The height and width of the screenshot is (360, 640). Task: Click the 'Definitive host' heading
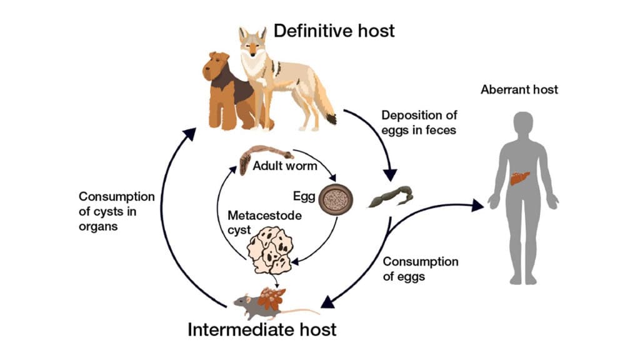pyautogui.click(x=334, y=30)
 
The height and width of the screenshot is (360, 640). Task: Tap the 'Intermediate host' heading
pyautogui.click(x=262, y=329)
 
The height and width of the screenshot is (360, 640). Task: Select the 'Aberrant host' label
pyautogui.click(x=519, y=89)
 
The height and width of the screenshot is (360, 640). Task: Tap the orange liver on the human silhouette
pyautogui.click(x=519, y=178)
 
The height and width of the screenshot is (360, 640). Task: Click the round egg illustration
pyautogui.click(x=336, y=199)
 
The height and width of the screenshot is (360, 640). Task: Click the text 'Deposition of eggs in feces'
pyautogui.click(x=419, y=122)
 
